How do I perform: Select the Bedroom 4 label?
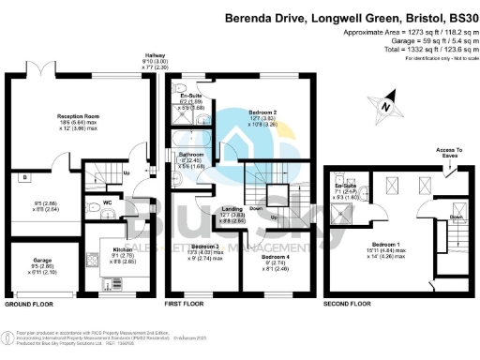tap(274, 257)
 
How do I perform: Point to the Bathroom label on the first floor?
tap(191, 154)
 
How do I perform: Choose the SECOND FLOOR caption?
tap(348, 305)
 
